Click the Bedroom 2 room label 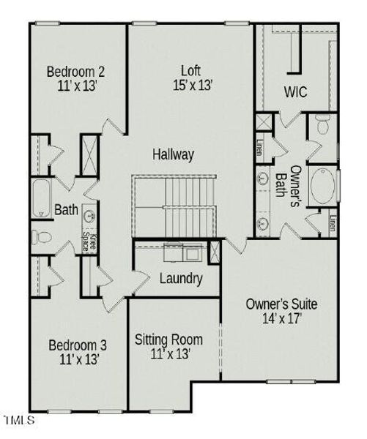pos(75,72)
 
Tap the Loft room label pos(191,70)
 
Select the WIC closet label pos(295,92)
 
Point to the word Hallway pos(174,154)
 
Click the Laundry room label pos(181,278)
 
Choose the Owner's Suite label pos(281,304)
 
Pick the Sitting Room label pos(169,339)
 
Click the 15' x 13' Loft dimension pos(192,85)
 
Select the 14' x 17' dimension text pos(281,318)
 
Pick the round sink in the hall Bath pos(89,217)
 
